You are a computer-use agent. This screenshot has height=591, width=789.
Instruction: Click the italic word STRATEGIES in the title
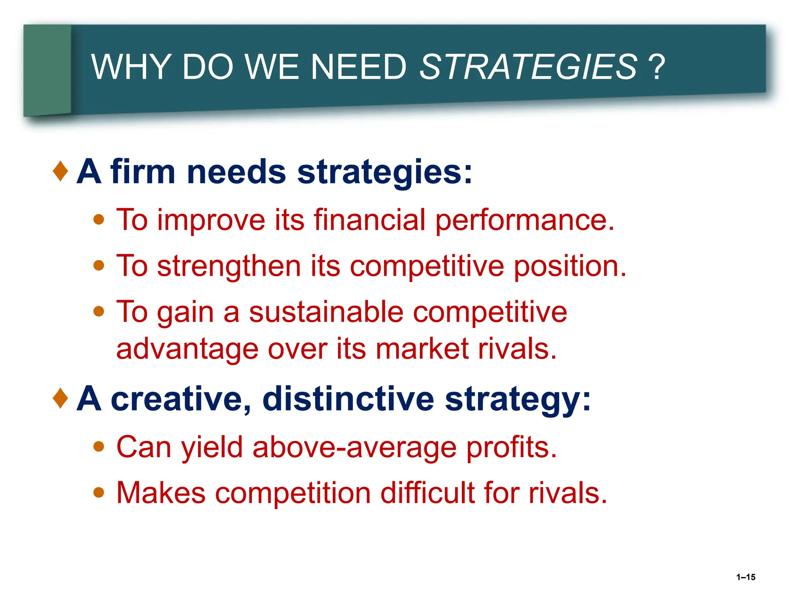coord(528,67)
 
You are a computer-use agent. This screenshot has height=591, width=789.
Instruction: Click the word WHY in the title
coord(131,67)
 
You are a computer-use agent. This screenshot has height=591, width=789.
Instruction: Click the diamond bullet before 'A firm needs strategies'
coord(60,171)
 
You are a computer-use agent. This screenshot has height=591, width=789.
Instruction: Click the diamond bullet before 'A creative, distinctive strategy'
coord(60,398)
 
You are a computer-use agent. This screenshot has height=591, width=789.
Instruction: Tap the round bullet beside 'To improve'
coord(99,220)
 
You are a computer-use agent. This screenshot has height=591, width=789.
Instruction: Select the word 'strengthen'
coord(229,266)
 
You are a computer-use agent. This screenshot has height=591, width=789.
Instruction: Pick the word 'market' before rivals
coord(422,349)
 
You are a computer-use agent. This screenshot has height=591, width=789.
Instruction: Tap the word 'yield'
coord(212,448)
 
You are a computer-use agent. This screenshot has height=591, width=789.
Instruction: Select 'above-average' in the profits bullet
coord(354,448)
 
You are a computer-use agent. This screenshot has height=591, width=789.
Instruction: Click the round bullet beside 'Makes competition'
coord(99,492)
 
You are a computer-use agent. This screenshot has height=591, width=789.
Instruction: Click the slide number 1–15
coord(745,577)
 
